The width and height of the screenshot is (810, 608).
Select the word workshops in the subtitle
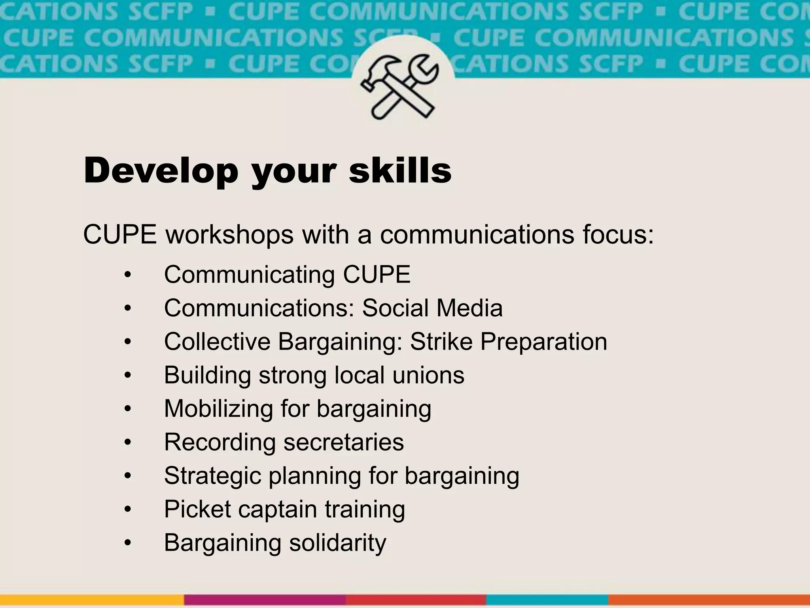[229, 234]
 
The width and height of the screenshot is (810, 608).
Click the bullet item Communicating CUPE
[287, 274]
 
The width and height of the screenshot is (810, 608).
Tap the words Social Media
[432, 308]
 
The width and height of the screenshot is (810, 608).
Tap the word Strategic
[212, 476]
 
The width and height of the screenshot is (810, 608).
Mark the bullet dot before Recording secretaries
[127, 443]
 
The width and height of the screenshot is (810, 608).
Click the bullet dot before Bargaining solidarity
[127, 543]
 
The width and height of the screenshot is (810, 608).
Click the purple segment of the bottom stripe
[265, 600]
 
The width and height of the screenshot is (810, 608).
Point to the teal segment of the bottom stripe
[547, 600]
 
